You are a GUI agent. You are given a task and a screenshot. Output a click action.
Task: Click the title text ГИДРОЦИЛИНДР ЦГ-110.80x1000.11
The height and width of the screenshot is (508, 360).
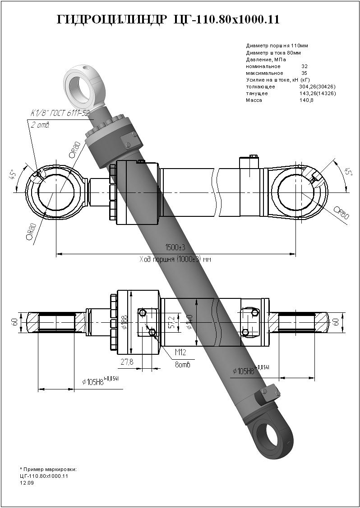[168, 20]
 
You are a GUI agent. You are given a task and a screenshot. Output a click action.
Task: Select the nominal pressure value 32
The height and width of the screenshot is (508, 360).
[305, 66]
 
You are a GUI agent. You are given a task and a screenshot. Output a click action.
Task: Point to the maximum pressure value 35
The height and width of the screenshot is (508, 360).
[305, 73]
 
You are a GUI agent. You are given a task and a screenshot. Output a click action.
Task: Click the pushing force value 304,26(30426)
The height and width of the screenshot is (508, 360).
[317, 87]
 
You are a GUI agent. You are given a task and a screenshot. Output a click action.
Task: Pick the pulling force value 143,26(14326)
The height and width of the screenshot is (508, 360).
[317, 93]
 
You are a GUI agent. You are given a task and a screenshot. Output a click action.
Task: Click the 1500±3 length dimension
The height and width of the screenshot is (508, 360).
[175, 247]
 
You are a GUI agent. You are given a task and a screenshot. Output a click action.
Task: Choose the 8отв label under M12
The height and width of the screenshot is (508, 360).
[182, 364]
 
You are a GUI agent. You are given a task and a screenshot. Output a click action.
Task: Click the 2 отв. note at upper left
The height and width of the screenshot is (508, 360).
[40, 125]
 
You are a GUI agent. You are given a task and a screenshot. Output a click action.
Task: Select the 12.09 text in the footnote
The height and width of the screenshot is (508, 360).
[27, 483]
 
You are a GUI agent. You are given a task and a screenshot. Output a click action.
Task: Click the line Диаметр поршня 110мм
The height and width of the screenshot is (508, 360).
[277, 46]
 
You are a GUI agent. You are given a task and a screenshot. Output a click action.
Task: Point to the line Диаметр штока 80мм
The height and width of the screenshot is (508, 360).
[273, 53]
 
